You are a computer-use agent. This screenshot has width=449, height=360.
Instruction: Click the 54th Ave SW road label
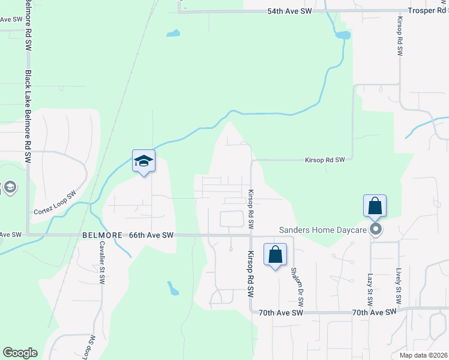pyautogui.click(x=290, y=11)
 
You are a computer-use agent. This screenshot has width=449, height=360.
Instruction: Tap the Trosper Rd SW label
pyautogui.click(x=424, y=11)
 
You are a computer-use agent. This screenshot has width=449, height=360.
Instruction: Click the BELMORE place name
pyautogui.click(x=102, y=236)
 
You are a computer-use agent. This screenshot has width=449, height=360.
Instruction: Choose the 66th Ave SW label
pyautogui.click(x=151, y=236)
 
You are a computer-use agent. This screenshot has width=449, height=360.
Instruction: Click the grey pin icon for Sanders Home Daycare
pyautogui.click(x=376, y=229)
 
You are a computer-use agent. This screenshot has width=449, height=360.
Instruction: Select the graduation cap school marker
pyautogui.click(x=143, y=161)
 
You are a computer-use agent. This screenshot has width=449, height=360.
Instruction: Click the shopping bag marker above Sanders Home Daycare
pyautogui.click(x=375, y=206)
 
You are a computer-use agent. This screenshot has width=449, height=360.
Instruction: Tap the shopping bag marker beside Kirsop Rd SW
pyautogui.click(x=275, y=254)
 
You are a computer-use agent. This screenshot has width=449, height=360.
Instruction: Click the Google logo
pyautogui.click(x=20, y=353)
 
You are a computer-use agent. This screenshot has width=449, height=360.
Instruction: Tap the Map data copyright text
pyautogui.click(x=424, y=355)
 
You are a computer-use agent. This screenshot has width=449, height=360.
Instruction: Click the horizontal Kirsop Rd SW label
pyautogui.click(x=325, y=160)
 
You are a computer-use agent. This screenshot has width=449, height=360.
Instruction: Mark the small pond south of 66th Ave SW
pyautogui.click(x=173, y=289)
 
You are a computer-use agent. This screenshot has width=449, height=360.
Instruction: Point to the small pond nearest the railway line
pyautogui.click(x=173, y=34)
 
